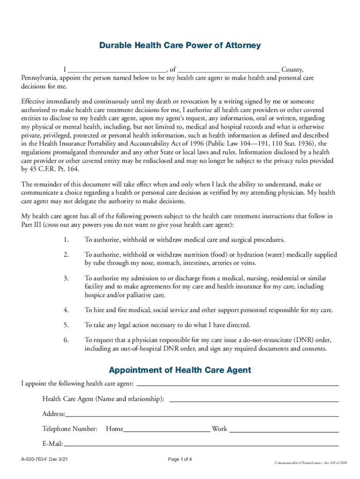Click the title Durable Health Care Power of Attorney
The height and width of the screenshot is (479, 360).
pyautogui.click(x=180, y=45)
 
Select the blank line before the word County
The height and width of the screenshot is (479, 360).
pyautogui.click(x=228, y=69)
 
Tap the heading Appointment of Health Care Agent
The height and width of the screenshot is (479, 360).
pyautogui.click(x=180, y=370)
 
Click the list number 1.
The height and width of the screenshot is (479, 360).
pyautogui.click(x=66, y=240)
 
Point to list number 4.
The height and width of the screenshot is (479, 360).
pyautogui.click(x=66, y=310)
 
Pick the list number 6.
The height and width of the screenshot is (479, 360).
pyautogui.click(x=66, y=340)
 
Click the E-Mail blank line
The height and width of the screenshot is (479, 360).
pyautogui.click(x=201, y=445)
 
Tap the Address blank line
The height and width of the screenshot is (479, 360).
pyautogui.click(x=202, y=415)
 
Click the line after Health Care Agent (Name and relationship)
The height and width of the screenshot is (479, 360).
pyautogui.click(x=253, y=401)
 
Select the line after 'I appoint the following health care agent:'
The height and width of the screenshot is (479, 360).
pyautogui.click(x=237, y=385)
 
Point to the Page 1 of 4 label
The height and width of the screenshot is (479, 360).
pyautogui.click(x=180, y=459)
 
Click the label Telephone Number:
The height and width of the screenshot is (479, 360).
pyautogui.click(x=70, y=429)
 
